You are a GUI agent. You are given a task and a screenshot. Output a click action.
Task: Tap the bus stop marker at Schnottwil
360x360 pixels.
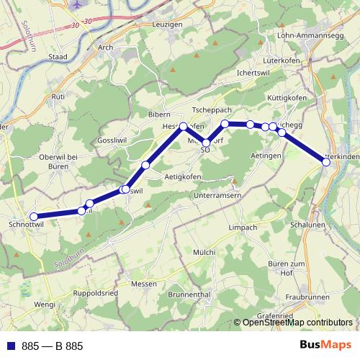click(33, 216)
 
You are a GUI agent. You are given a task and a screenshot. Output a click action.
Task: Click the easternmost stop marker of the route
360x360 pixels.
click(326, 162)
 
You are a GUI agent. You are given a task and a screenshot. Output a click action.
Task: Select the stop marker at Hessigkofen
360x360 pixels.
click(184, 127)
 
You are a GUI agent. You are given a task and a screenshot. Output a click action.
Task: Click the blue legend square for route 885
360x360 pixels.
click(10, 346)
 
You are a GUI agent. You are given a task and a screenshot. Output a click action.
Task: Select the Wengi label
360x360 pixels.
click(45, 305)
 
